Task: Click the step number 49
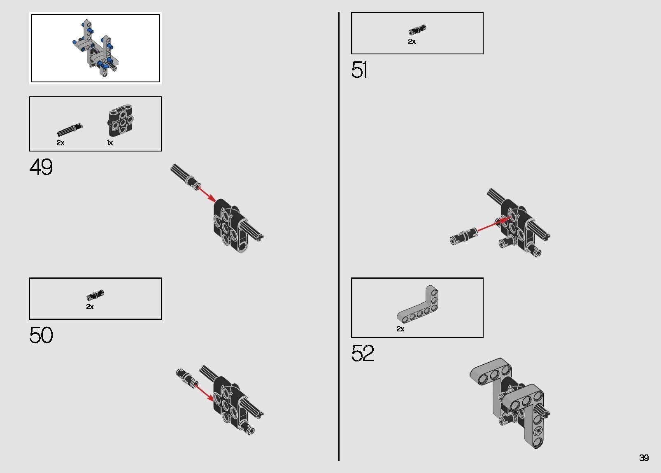pyautogui.click(x=41, y=167)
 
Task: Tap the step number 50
pyautogui.click(x=41, y=335)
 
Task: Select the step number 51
pyautogui.click(x=359, y=70)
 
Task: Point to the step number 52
pyautogui.click(x=363, y=353)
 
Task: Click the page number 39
pyautogui.click(x=644, y=458)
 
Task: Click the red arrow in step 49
pyautogui.click(x=207, y=194)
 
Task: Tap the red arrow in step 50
pyautogui.click(x=204, y=392)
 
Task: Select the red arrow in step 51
pyautogui.click(x=495, y=224)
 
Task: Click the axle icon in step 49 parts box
pyautogui.click(x=70, y=130)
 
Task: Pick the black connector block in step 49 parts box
pyautogui.click(x=121, y=120)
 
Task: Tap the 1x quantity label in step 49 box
pyautogui.click(x=110, y=143)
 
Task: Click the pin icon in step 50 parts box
pyautogui.click(x=95, y=295)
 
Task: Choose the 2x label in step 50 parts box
pyautogui.click(x=90, y=307)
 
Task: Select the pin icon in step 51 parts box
pyautogui.click(x=417, y=30)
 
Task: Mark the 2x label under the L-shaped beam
pyautogui.click(x=400, y=329)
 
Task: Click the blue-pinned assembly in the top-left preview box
pyautogui.click(x=95, y=48)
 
